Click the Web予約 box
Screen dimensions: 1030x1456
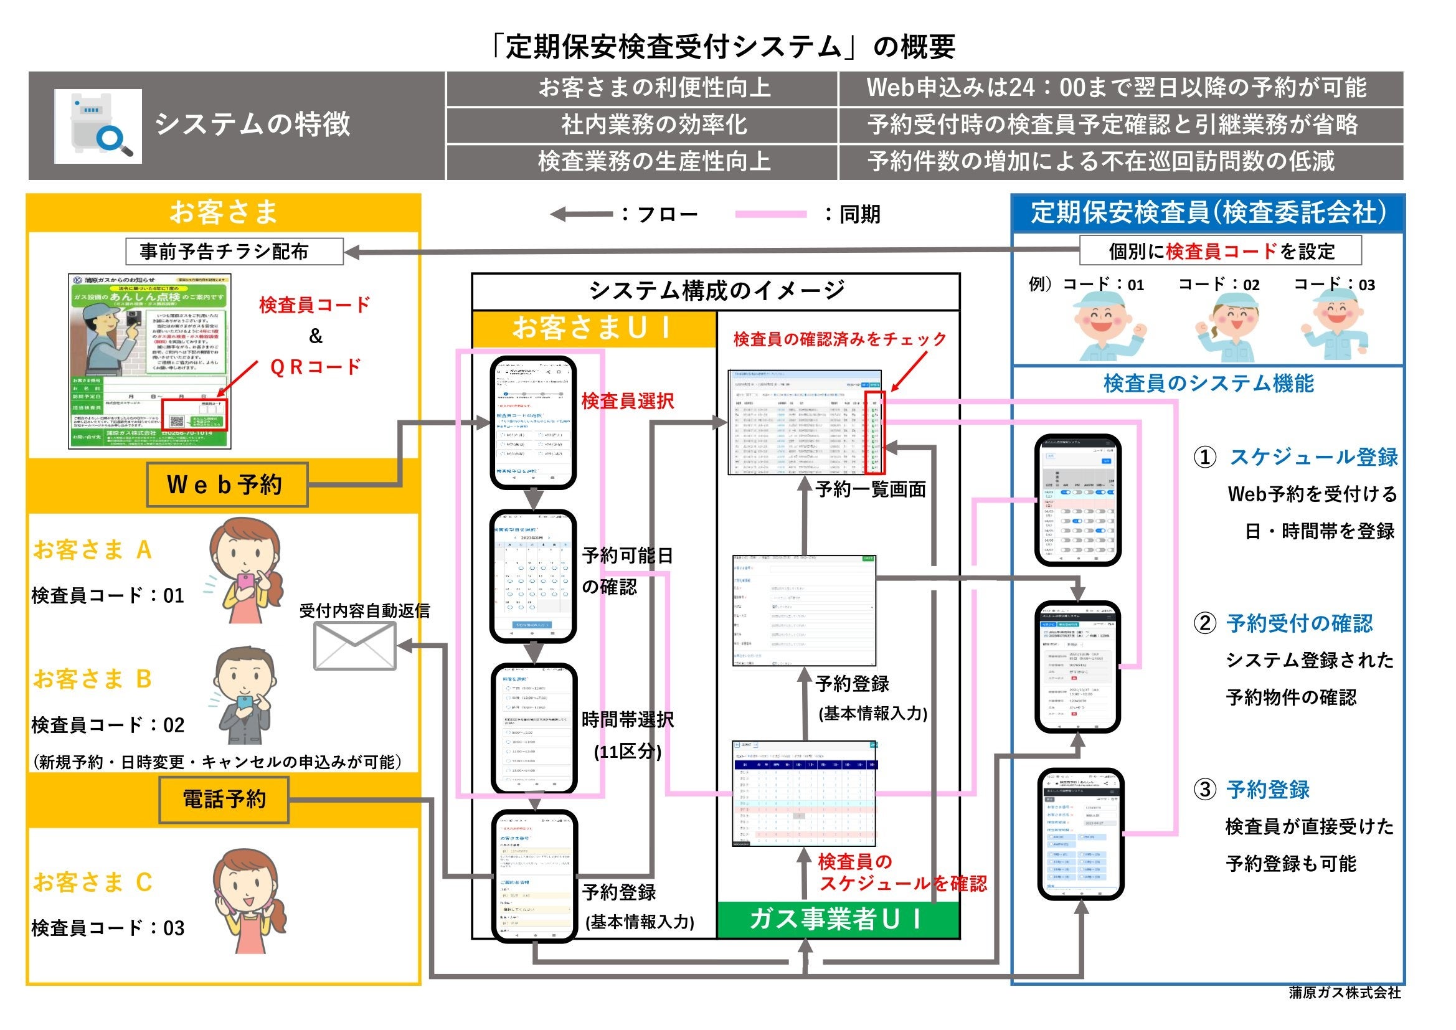click(227, 484)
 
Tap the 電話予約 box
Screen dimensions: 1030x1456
click(224, 799)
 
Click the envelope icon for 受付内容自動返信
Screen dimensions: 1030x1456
click(355, 646)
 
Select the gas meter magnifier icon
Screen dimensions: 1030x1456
click(98, 126)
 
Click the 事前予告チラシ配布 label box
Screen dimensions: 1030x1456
click(234, 251)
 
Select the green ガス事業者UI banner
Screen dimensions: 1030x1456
click(837, 919)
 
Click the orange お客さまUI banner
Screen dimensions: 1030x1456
click(593, 329)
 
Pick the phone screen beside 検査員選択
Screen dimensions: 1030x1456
click(533, 422)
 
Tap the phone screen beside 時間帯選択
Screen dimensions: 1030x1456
click(534, 729)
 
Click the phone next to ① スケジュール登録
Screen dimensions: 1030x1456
click(1077, 500)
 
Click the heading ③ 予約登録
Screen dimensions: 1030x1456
click(1267, 790)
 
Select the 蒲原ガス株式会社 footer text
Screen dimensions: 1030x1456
click(1345, 993)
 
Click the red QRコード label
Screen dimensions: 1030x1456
click(316, 367)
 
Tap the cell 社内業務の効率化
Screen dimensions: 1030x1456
click(654, 125)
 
